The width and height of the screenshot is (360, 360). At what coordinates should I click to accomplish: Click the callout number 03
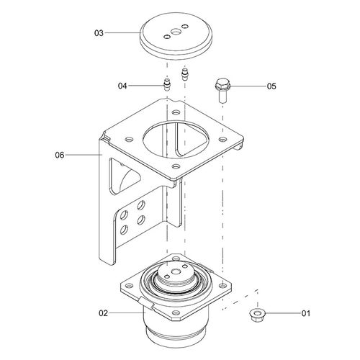click(x=99, y=33)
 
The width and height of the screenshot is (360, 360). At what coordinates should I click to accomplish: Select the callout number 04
click(x=122, y=86)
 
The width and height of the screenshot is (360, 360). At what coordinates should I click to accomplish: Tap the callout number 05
click(x=271, y=86)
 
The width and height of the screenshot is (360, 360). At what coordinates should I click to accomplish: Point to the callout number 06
click(x=60, y=155)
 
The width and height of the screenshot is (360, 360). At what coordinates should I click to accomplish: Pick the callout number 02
click(x=104, y=313)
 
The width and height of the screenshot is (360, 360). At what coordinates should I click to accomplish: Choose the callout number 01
click(x=306, y=313)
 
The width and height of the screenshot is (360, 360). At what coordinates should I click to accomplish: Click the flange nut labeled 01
click(x=257, y=314)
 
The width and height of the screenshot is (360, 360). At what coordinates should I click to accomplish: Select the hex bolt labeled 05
click(x=222, y=90)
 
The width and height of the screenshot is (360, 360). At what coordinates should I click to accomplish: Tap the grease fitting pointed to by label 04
click(x=166, y=84)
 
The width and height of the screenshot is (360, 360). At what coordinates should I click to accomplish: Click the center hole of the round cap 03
click(x=175, y=32)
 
